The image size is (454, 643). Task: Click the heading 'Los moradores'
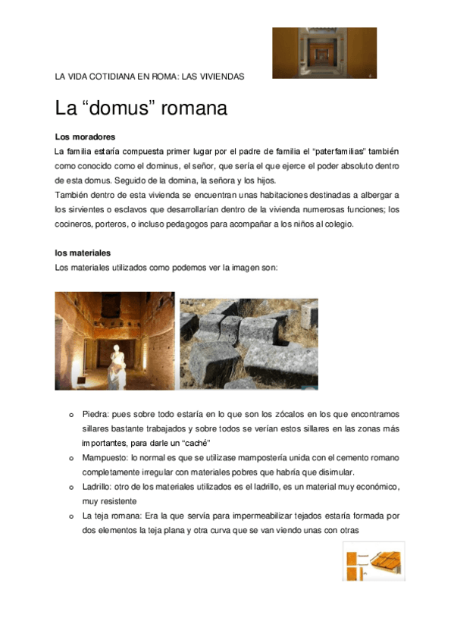(x=85, y=137)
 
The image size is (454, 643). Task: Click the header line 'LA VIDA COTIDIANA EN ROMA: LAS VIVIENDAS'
(x=149, y=77)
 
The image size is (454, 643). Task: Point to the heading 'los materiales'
(x=83, y=252)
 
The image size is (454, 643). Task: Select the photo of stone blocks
(x=249, y=343)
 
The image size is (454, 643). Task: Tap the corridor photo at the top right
(x=324, y=53)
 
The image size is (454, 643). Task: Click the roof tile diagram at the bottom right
(x=373, y=562)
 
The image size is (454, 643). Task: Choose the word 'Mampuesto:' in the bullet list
(x=105, y=458)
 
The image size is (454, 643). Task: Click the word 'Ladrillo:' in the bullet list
(x=98, y=487)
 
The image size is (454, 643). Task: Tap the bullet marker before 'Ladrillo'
(x=70, y=487)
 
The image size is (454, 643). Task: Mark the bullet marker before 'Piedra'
(x=70, y=415)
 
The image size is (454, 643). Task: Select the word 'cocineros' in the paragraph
(x=75, y=224)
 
